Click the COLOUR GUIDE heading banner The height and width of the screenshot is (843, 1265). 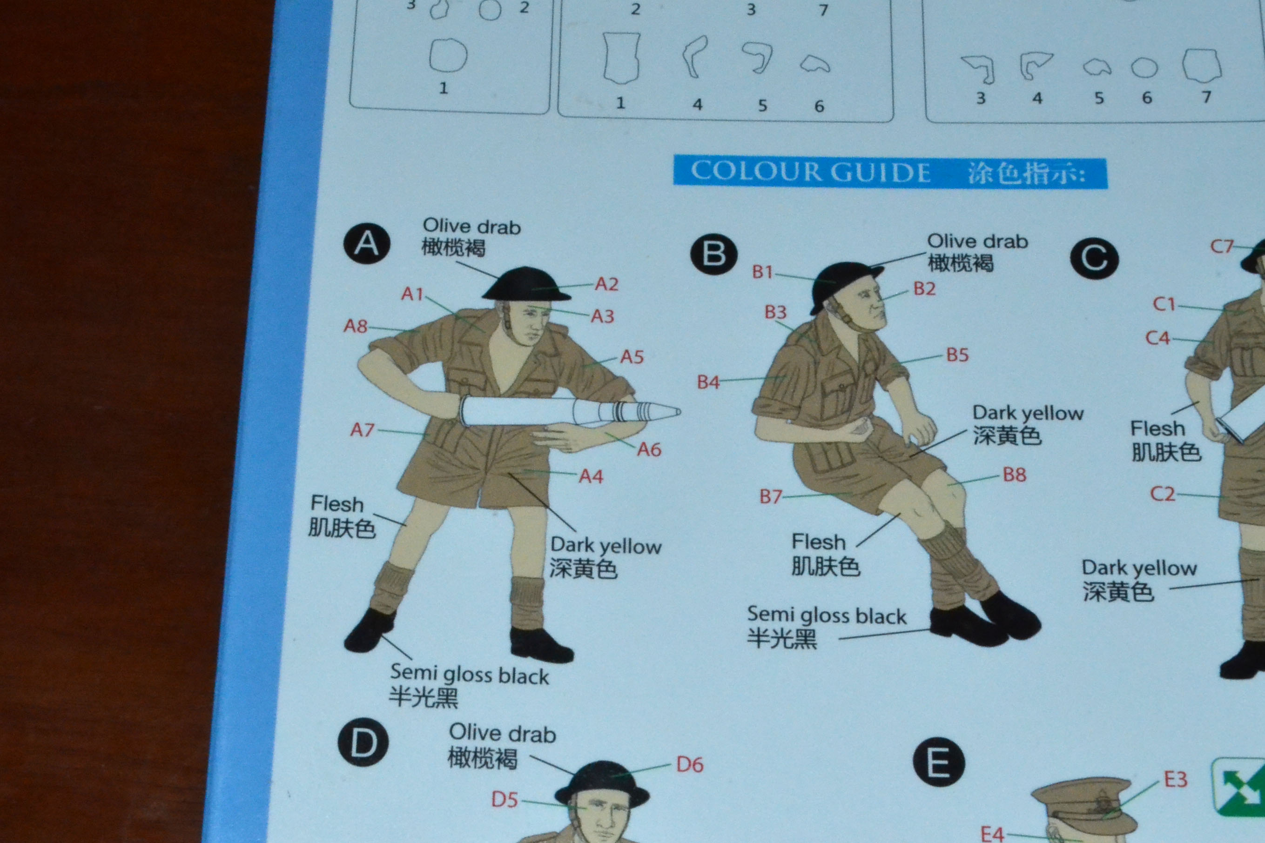tap(890, 172)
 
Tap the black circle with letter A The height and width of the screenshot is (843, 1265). tap(367, 243)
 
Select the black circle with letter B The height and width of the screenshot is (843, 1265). tap(713, 254)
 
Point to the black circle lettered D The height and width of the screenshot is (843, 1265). tap(363, 743)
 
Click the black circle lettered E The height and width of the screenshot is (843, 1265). tap(939, 763)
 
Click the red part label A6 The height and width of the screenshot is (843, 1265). tap(649, 449)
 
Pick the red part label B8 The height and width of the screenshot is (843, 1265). tap(1014, 475)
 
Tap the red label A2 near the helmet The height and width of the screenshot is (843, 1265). tap(607, 284)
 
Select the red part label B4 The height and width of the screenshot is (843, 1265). tap(708, 382)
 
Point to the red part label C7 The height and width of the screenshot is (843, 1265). tap(1221, 246)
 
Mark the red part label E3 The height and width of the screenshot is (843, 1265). tap(1175, 779)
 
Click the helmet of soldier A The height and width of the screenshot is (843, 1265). tap(525, 284)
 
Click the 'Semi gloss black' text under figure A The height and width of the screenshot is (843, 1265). tap(469, 674)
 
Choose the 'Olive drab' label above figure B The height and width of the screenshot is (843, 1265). tap(977, 241)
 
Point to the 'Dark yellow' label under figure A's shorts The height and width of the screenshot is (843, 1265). tap(606, 546)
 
